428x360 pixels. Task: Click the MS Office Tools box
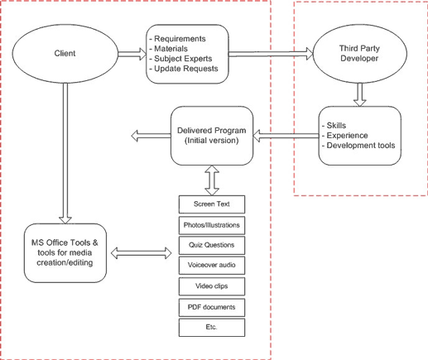[x=65, y=252]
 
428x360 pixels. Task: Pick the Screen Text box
[x=212, y=204]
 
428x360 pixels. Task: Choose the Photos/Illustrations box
[x=212, y=224]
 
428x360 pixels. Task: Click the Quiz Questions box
[x=212, y=245]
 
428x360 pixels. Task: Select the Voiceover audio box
[x=212, y=266]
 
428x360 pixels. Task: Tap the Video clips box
[x=212, y=286]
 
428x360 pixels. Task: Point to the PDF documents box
[x=212, y=307]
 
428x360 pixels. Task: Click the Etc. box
[x=212, y=328]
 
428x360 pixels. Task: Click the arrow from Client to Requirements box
[x=130, y=54]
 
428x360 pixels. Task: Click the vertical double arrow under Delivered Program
[x=212, y=176]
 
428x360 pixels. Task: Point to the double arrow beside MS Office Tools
[x=146, y=250]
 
